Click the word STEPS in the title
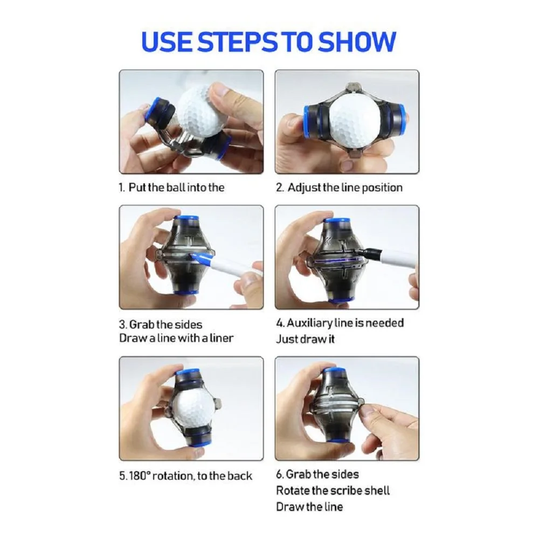238,42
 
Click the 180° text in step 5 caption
140,476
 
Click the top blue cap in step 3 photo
185,219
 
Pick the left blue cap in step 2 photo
307,119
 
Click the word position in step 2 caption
382,188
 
